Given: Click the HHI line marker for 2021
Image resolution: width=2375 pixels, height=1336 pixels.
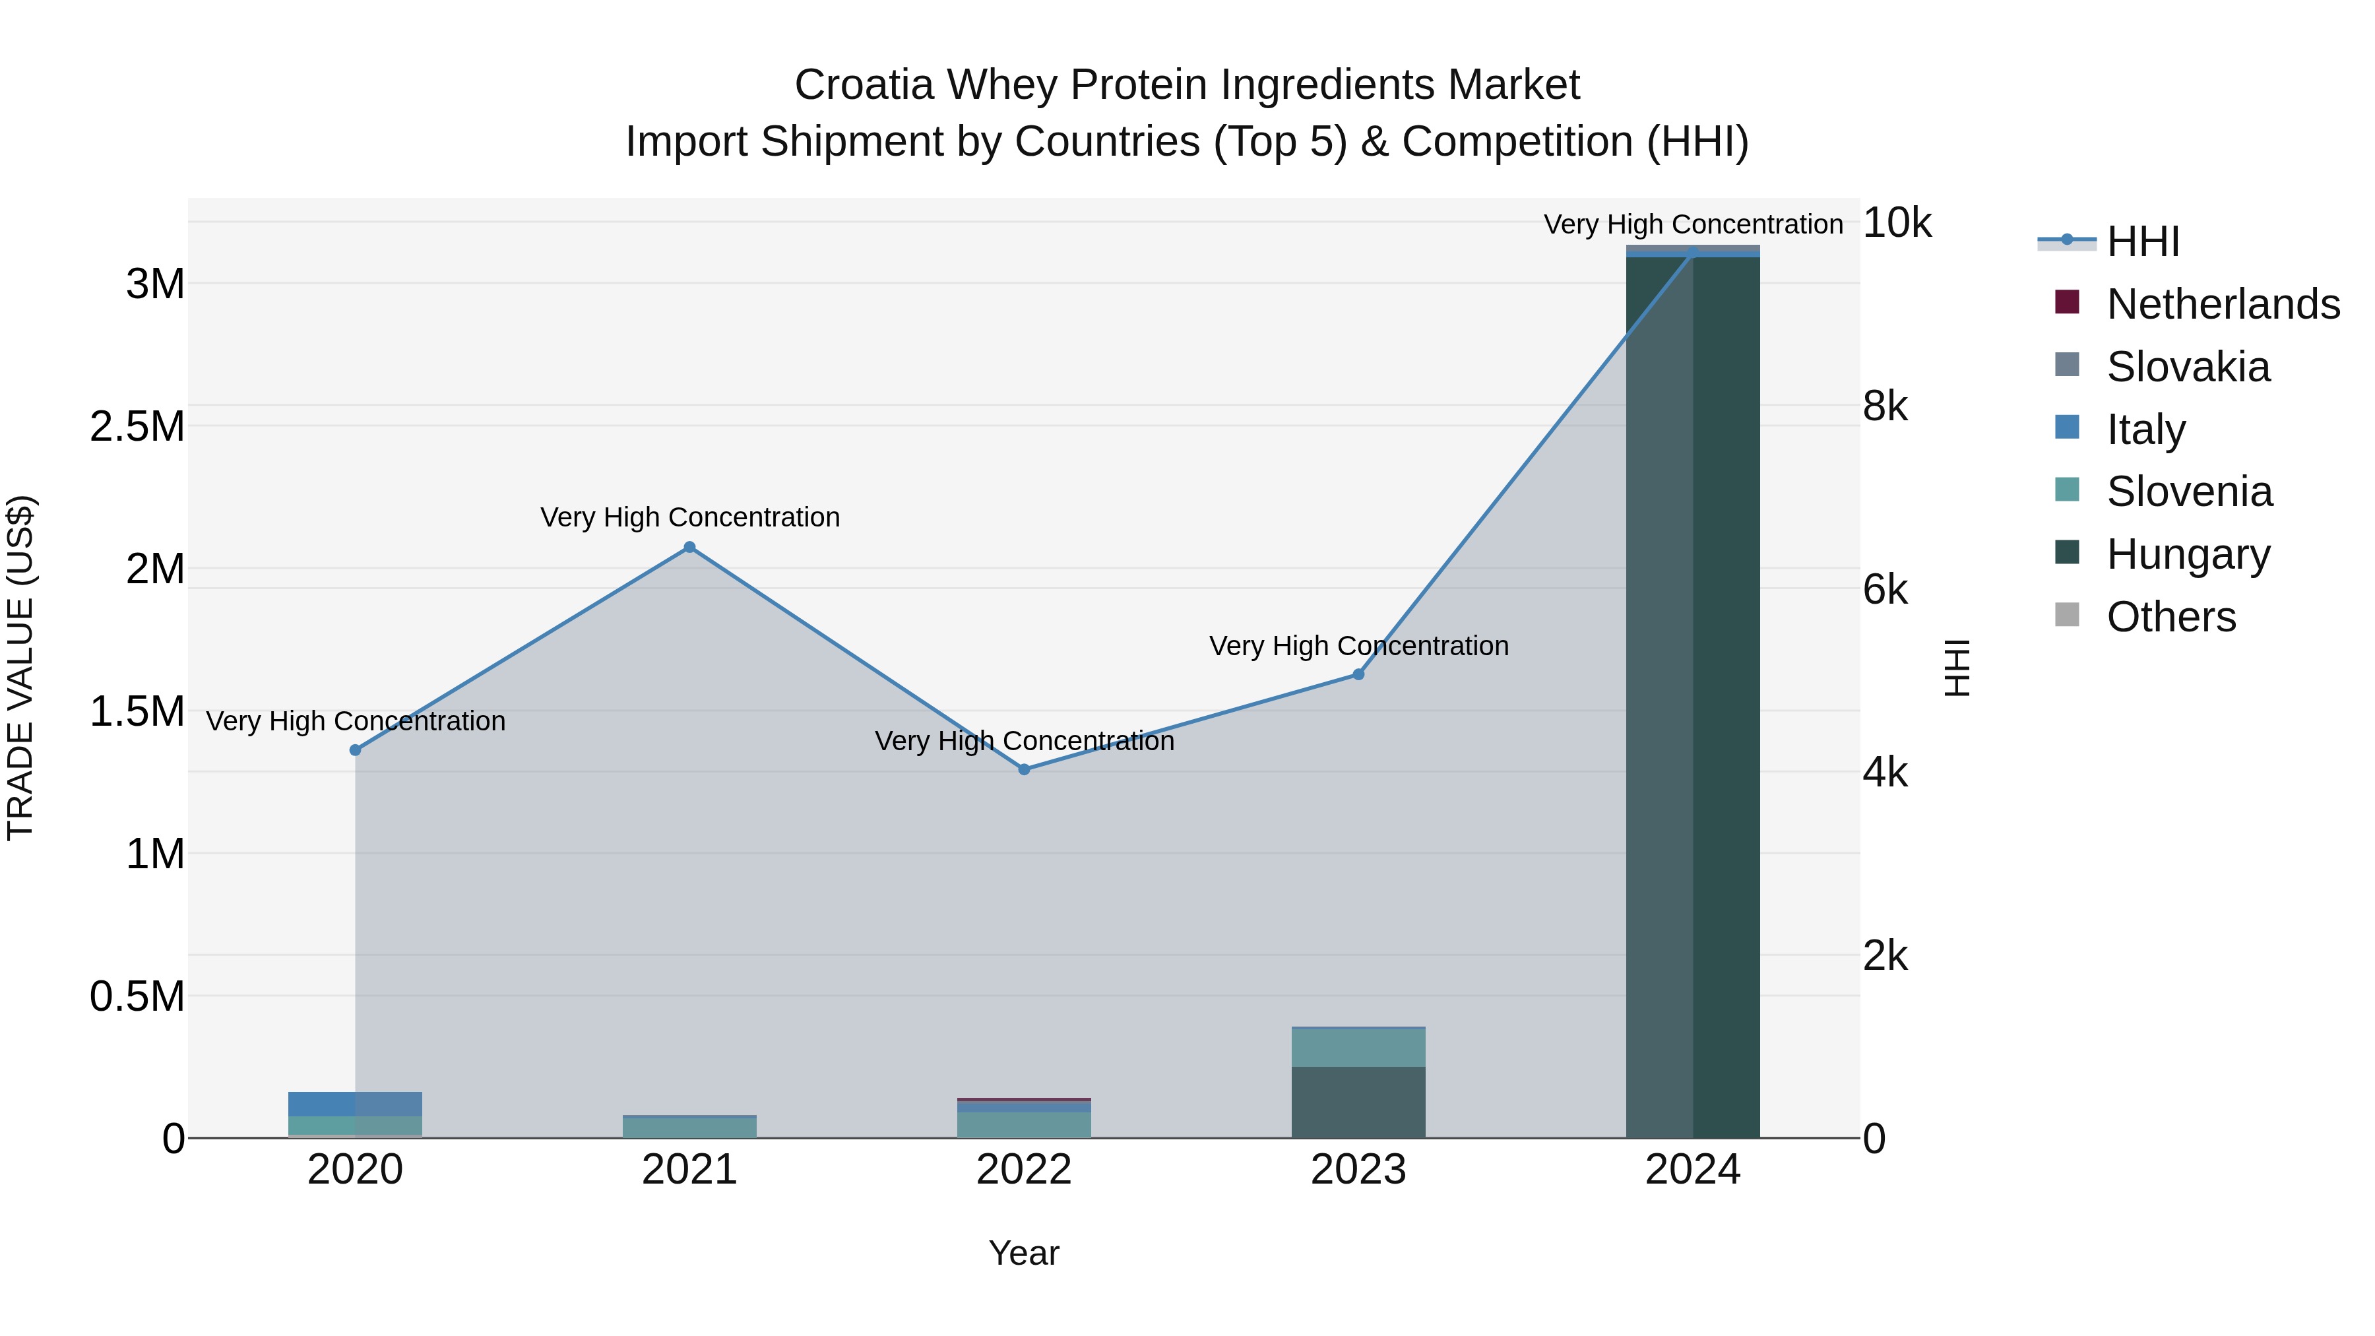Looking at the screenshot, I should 689,548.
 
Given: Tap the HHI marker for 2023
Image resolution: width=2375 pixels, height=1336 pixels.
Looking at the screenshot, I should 1358,675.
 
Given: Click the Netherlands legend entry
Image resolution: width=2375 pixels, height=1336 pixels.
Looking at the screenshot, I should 2222,304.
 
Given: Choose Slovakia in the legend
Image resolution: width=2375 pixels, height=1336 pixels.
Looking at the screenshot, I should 2188,367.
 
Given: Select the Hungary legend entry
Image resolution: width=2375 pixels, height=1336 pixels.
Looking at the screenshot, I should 2188,554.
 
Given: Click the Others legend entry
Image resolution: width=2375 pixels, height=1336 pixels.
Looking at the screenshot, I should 2170,617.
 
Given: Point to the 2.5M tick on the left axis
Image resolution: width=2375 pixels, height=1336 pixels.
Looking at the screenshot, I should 137,427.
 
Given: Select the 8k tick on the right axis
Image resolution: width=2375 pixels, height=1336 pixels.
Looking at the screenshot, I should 1885,406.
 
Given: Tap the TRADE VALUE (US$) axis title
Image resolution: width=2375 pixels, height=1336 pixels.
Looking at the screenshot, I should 21,668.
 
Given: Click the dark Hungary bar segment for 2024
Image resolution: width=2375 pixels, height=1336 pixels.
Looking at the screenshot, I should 1693,691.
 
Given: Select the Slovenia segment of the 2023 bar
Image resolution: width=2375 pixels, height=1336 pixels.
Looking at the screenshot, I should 1358,1048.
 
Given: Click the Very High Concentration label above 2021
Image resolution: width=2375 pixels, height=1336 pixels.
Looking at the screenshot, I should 689,517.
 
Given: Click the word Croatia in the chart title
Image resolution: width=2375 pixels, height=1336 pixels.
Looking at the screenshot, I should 864,85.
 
